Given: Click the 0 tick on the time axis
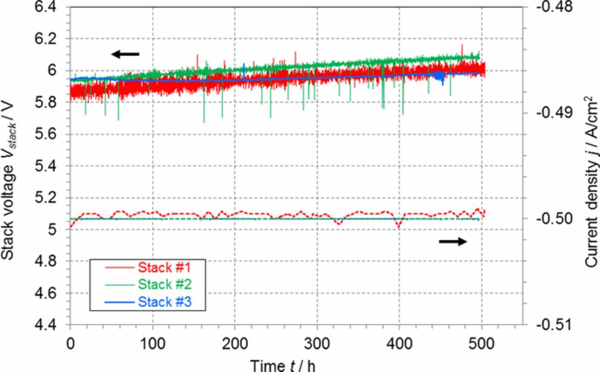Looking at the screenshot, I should click(70, 344).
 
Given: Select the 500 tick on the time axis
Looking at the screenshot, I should click(481, 344).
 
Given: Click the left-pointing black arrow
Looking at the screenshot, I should click(125, 54).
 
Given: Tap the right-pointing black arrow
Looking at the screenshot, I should click(453, 241).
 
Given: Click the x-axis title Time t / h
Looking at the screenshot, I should click(283, 365).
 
